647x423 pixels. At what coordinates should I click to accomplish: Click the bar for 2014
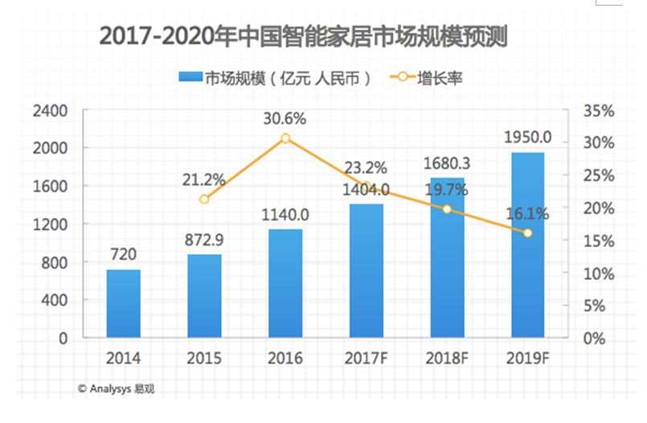[123, 304]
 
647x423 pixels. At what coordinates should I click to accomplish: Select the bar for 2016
[285, 284]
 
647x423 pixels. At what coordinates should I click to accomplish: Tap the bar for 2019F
[528, 245]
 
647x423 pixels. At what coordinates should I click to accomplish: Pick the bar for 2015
[204, 296]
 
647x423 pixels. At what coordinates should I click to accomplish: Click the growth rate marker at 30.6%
[285, 138]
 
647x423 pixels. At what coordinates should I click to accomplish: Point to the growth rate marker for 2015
[204, 199]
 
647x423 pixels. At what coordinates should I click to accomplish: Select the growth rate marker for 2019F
[528, 233]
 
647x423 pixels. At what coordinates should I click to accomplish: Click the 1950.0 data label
[527, 136]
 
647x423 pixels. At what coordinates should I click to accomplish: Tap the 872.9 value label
[204, 239]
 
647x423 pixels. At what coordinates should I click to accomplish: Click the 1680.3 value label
[446, 163]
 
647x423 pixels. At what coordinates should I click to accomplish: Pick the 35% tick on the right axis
[599, 110]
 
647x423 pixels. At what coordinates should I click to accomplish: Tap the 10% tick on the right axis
[599, 273]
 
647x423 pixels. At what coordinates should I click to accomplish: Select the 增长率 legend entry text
[440, 78]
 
